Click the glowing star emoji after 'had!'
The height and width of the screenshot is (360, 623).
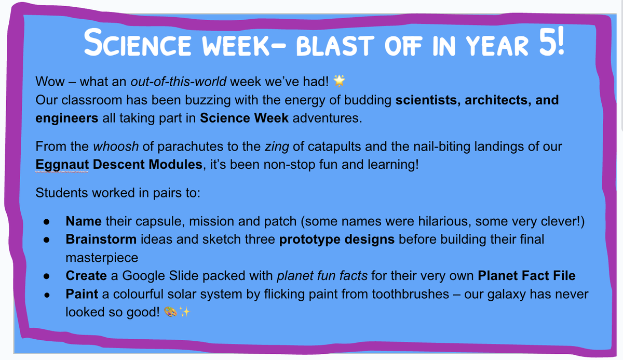pos(340,81)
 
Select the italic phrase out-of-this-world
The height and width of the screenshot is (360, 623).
pos(178,82)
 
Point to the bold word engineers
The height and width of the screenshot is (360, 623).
pos(67,118)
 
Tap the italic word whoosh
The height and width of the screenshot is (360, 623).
pos(116,146)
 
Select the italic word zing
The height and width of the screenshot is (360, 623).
pos(277,147)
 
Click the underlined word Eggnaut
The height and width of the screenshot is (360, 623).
pos(62,165)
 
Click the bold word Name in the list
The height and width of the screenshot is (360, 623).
pos(84,221)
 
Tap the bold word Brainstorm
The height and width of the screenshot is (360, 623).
pos(101,239)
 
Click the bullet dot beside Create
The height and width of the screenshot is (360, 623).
pos(46,276)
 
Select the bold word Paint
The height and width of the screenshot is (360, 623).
pos(82,294)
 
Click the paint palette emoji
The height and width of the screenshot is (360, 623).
pos(170,312)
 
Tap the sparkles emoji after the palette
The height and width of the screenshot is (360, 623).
pos(184,312)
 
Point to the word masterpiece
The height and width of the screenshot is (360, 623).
pos(102,258)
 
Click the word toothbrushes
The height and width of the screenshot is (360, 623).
pos(411,294)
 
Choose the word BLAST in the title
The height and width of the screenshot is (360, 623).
pos(335,46)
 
